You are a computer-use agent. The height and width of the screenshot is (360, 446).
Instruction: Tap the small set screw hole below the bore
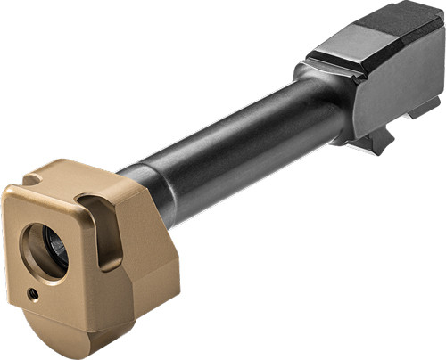click(x=33, y=291)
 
